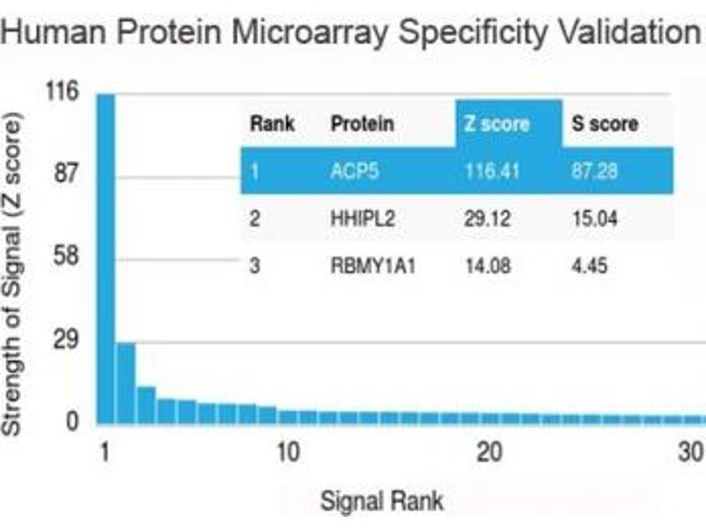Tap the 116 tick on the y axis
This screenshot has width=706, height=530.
(x=65, y=91)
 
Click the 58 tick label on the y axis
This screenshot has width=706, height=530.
(x=65, y=257)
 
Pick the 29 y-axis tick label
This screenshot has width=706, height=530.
(x=65, y=341)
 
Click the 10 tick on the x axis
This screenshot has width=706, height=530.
(x=287, y=453)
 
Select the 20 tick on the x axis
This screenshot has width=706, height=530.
(x=490, y=453)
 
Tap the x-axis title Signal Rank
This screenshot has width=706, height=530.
(x=381, y=502)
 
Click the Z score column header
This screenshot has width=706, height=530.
(x=497, y=124)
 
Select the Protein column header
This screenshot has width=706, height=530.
(x=362, y=124)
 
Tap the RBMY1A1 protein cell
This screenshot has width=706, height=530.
(x=368, y=266)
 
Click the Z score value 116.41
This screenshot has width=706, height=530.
(x=493, y=171)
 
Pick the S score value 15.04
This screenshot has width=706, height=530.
(x=594, y=219)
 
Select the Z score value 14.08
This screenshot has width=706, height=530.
(x=489, y=266)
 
